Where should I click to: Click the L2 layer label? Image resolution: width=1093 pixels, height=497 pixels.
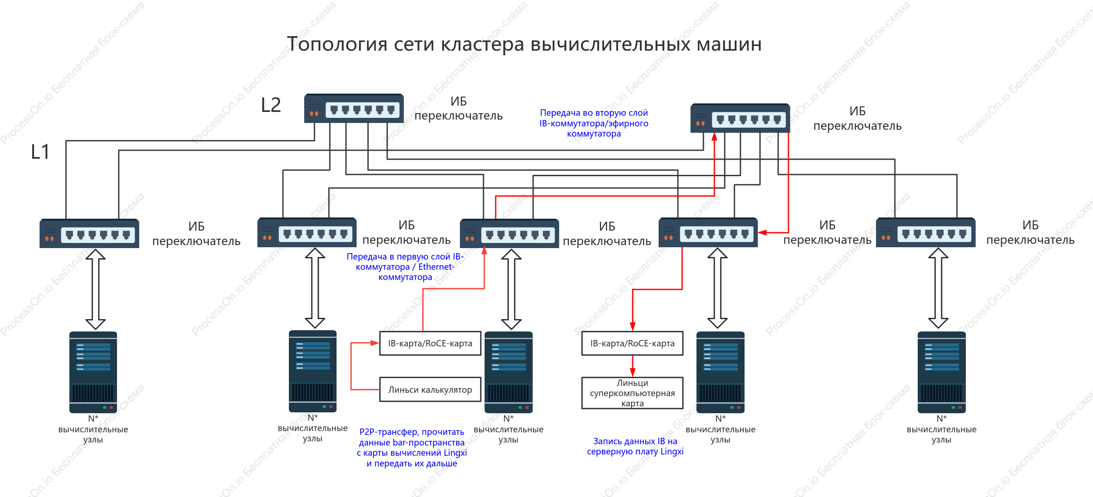271,105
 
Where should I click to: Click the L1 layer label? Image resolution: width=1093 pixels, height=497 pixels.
40,151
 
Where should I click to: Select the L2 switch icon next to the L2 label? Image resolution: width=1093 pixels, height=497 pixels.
354,108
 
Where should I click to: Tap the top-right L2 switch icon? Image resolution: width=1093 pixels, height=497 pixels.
740,118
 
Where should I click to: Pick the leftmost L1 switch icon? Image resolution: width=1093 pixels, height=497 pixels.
89,233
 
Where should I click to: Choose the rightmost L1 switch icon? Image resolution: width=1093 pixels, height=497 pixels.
926,232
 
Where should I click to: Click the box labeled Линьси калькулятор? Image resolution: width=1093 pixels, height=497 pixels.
430,389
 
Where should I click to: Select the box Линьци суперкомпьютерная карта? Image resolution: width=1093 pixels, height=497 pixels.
632,393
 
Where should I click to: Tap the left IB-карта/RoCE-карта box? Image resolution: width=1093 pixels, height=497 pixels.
430,343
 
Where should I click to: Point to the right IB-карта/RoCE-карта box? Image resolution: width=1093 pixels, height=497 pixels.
632,343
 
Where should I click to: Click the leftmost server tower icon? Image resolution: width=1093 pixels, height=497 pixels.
93,372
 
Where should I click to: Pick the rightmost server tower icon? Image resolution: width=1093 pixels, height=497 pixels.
942,372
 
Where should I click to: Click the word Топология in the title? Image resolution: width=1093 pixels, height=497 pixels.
337,44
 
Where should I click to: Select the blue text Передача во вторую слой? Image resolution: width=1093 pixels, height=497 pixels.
594,113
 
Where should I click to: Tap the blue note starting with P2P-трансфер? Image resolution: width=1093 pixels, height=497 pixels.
412,447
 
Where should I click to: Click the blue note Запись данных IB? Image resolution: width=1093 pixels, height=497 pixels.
635,446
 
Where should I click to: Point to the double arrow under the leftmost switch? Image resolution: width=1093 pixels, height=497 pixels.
96,289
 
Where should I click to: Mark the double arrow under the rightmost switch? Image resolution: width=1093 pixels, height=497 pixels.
938,288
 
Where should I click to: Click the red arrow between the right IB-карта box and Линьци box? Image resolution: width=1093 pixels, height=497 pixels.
633,366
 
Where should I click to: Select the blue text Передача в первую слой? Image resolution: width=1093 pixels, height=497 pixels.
405,257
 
